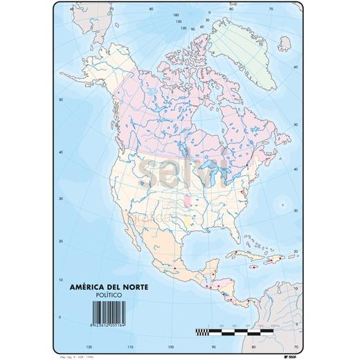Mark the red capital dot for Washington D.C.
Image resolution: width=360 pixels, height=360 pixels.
tap(242, 192)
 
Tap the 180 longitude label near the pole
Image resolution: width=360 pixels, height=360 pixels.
tap(176, 13)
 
